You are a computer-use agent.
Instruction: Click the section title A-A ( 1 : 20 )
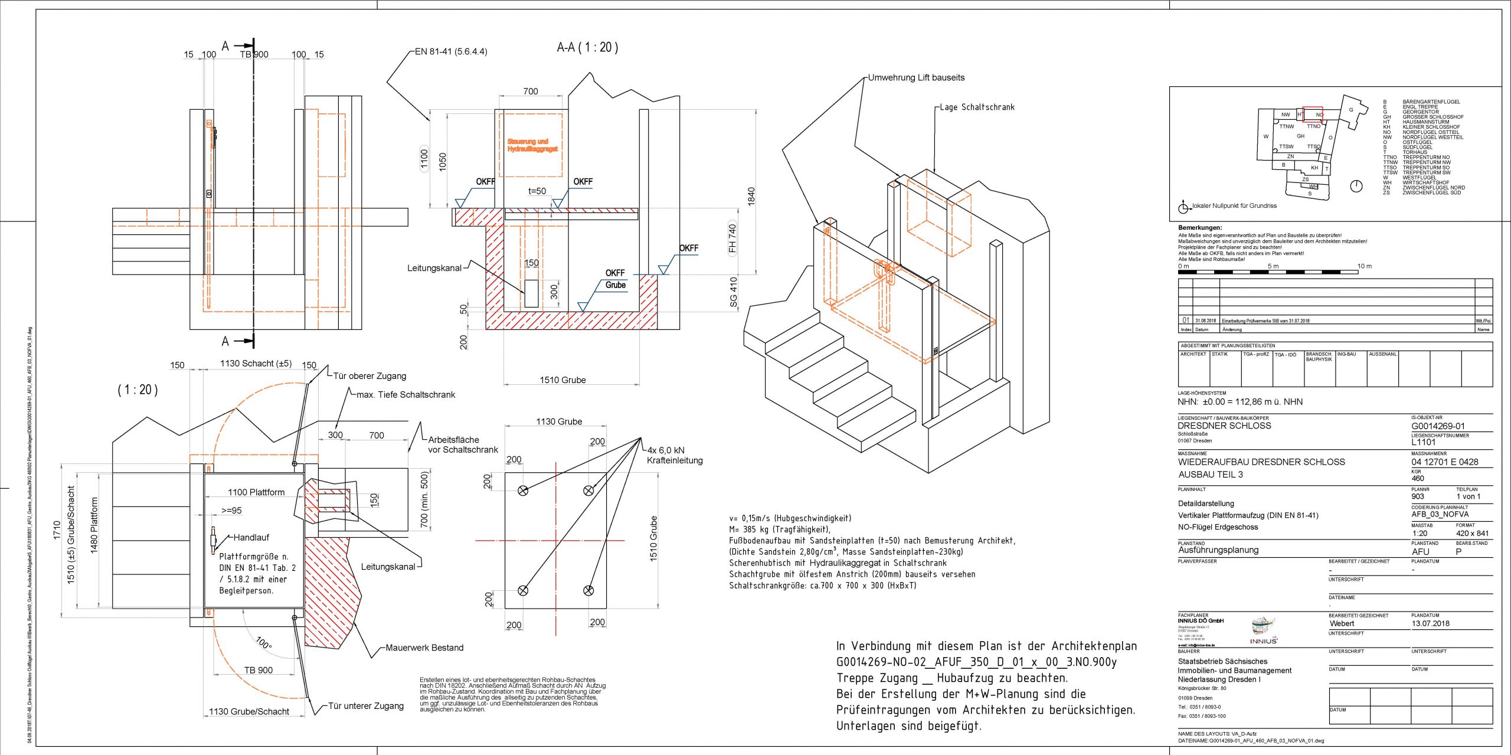587,47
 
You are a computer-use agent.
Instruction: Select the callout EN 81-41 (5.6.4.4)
451,51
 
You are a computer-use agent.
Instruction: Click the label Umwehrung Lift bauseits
916,77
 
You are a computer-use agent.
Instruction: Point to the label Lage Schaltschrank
977,107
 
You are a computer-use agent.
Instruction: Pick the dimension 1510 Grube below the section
562,380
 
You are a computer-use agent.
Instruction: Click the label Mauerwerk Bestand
424,648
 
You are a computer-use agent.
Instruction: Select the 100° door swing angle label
264,643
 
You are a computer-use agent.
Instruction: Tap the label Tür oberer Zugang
369,376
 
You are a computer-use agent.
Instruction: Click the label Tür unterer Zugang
366,706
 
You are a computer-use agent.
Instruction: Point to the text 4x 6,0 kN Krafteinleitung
674,455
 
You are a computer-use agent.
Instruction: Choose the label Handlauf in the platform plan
251,537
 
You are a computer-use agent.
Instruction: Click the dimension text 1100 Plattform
256,492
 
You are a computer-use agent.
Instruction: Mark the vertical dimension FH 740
732,238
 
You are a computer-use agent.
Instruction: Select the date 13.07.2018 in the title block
1430,623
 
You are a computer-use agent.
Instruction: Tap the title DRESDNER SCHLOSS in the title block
1224,426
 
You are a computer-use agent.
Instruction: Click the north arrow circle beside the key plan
1356,187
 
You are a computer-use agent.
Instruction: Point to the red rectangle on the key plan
1313,115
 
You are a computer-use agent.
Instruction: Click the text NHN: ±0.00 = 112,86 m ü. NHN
1239,402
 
